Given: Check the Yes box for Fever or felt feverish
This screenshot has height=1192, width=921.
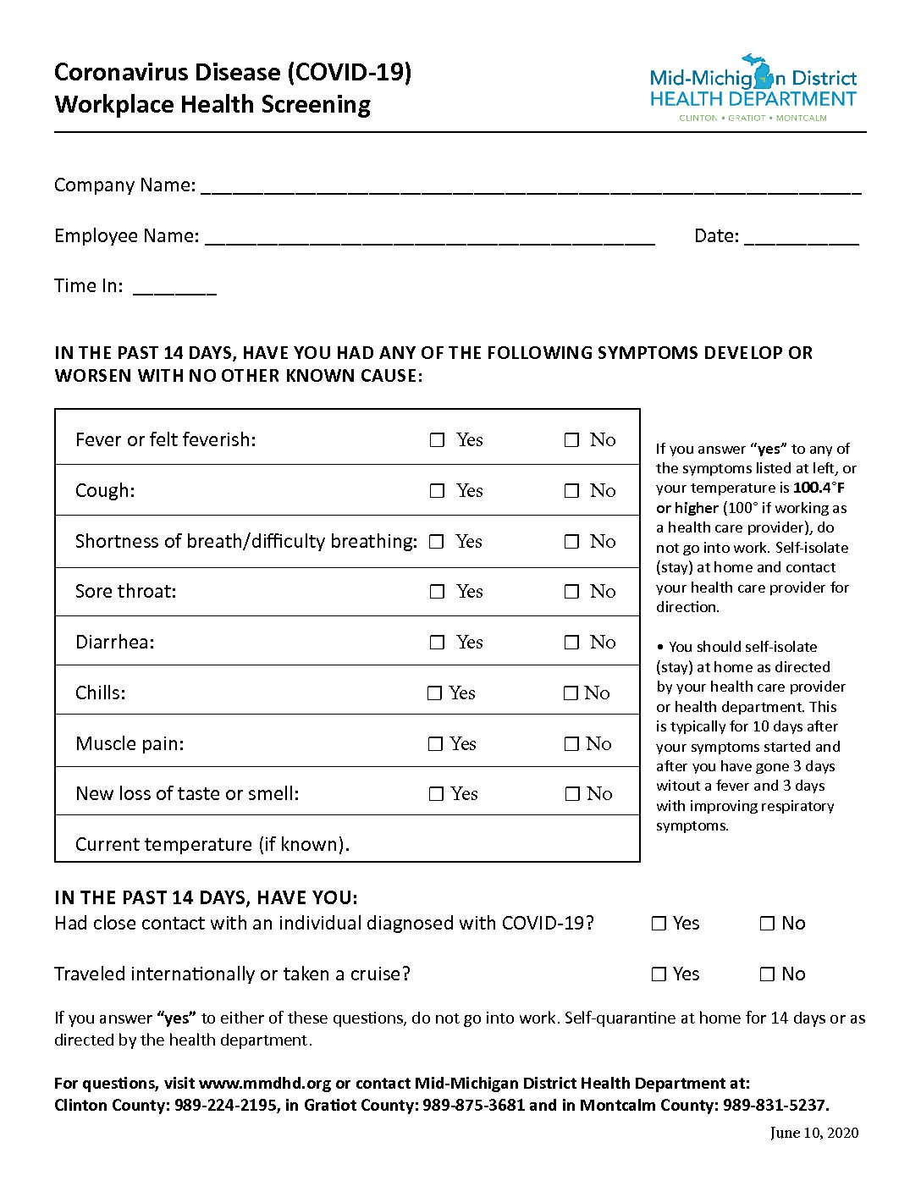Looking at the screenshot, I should tap(437, 440).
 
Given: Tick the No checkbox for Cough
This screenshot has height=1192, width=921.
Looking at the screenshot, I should tap(572, 491).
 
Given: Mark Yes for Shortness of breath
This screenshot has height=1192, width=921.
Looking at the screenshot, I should tap(437, 542).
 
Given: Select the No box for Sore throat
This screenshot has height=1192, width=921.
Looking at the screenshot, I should tap(572, 592).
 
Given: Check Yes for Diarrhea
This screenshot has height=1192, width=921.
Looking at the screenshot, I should tap(437, 643).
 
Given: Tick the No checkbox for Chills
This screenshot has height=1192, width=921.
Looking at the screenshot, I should tap(571, 693).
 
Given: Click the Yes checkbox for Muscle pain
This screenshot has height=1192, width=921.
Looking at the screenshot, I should tap(435, 744).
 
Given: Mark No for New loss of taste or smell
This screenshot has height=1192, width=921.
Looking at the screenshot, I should tap(572, 794).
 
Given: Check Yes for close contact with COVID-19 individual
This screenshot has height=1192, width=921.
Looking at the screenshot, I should tap(659, 924).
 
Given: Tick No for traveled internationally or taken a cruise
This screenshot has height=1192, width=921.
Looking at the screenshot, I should tap(767, 974).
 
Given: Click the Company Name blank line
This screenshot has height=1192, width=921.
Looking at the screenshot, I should tap(531, 188).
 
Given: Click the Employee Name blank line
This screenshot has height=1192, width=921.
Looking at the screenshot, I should tap(429, 239).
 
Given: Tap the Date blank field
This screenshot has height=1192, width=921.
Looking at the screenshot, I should tap(801, 239).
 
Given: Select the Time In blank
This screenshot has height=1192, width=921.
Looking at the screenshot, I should tap(174, 289).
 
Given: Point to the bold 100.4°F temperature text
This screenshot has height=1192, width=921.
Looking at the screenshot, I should tap(819, 488).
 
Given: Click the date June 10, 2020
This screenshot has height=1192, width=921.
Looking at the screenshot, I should tap(814, 1133).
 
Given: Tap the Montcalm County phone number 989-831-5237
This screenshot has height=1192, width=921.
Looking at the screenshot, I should tap(775, 1105).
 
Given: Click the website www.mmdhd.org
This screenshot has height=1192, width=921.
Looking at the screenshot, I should tap(265, 1083).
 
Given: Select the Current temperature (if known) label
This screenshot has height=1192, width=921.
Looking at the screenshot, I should tap(212, 844).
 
